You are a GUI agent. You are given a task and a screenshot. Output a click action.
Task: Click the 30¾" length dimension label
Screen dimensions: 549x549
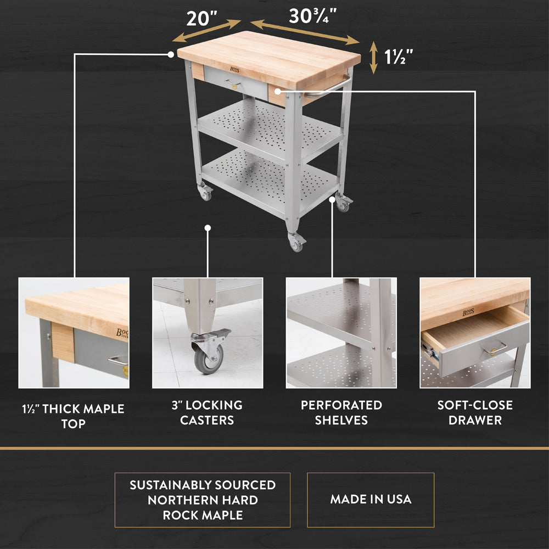pyautogui.click(x=313, y=15)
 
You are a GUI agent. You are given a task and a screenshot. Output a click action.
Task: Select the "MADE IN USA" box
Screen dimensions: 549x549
pyautogui.click(x=371, y=500)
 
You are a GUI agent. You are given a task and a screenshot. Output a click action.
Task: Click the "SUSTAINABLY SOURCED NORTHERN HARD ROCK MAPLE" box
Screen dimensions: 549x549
pyautogui.click(x=202, y=500)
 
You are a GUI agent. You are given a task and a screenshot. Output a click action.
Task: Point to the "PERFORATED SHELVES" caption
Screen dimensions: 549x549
pyautogui.click(x=341, y=412)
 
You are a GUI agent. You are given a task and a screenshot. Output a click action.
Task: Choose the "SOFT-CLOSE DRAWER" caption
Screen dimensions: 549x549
pyautogui.click(x=475, y=412)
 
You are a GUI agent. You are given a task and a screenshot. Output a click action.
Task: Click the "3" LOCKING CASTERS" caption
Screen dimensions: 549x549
pyautogui.click(x=208, y=412)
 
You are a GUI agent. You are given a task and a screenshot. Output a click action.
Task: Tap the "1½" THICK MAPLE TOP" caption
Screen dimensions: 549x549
pyautogui.click(x=74, y=416)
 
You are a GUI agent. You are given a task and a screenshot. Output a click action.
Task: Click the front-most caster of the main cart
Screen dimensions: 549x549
pyautogui.click(x=296, y=242)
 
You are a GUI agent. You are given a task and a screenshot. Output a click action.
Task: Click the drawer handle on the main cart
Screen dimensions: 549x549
pyautogui.click(x=232, y=83)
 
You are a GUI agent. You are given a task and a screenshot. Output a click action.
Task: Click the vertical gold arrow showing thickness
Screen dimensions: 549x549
pyautogui.click(x=374, y=58)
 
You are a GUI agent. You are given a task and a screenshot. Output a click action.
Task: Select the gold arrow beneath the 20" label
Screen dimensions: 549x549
pyautogui.click(x=206, y=31)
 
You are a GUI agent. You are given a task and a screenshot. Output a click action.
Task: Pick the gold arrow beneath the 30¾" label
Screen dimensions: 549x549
pyautogui.click(x=305, y=32)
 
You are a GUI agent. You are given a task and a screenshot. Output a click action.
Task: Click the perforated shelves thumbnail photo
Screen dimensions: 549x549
pyautogui.click(x=341, y=333)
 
